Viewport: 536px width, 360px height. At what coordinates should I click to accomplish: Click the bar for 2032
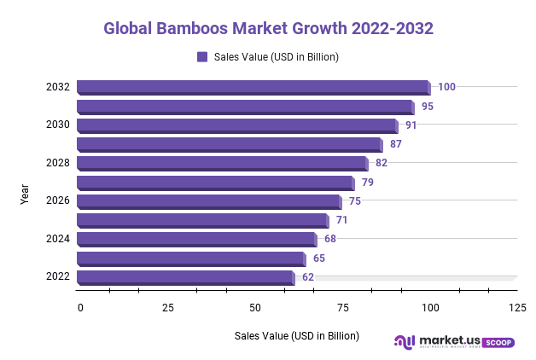[x=253, y=87]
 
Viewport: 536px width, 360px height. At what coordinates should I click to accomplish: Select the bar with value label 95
[x=245, y=107]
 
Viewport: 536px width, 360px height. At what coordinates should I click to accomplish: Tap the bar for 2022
[x=185, y=277]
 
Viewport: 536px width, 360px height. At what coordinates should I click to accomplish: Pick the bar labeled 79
[x=215, y=183]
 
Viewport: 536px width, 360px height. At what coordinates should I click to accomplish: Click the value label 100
[x=446, y=87]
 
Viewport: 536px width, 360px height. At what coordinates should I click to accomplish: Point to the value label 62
[x=308, y=277]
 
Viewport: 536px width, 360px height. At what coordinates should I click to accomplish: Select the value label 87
[x=395, y=144]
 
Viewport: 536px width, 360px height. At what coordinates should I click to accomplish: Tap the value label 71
[x=341, y=220]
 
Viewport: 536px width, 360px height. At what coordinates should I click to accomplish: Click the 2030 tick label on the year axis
[x=58, y=125]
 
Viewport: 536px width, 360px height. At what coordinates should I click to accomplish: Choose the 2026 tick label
[x=58, y=201]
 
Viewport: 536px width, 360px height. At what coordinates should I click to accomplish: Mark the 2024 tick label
[x=58, y=239]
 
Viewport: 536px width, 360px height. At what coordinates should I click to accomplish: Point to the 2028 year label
[x=58, y=163]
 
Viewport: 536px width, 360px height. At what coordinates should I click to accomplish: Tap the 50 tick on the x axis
[x=255, y=307]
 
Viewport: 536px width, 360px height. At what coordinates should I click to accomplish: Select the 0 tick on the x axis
[x=80, y=307]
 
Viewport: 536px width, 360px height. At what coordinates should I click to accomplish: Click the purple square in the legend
[x=202, y=57]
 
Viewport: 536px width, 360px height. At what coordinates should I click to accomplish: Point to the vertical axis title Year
[x=26, y=192]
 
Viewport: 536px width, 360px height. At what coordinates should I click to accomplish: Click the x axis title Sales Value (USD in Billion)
[x=297, y=335]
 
